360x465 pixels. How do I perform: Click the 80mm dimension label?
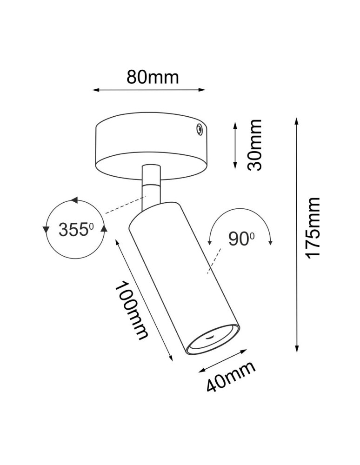153,77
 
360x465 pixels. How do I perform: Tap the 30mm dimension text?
255,145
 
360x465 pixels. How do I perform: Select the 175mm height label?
311,227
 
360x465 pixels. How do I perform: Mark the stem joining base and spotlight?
151,185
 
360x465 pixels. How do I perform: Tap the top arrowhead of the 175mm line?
296,121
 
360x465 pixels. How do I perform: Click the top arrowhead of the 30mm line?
235,123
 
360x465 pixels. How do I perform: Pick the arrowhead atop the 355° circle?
73,200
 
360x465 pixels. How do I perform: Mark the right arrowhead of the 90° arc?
271,242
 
